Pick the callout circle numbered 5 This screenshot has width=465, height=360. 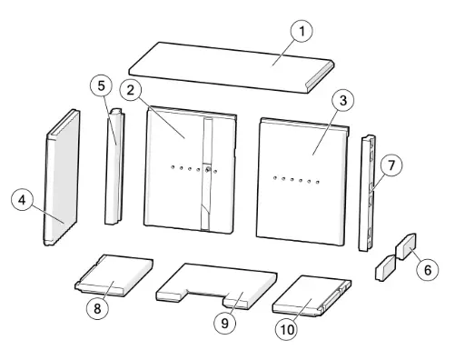point(104,87)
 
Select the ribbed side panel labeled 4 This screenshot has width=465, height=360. point(62,177)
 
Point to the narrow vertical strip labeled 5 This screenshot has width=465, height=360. point(115,168)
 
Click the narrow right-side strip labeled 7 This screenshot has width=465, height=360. point(370,191)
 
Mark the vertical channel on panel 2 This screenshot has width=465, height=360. point(209,173)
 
